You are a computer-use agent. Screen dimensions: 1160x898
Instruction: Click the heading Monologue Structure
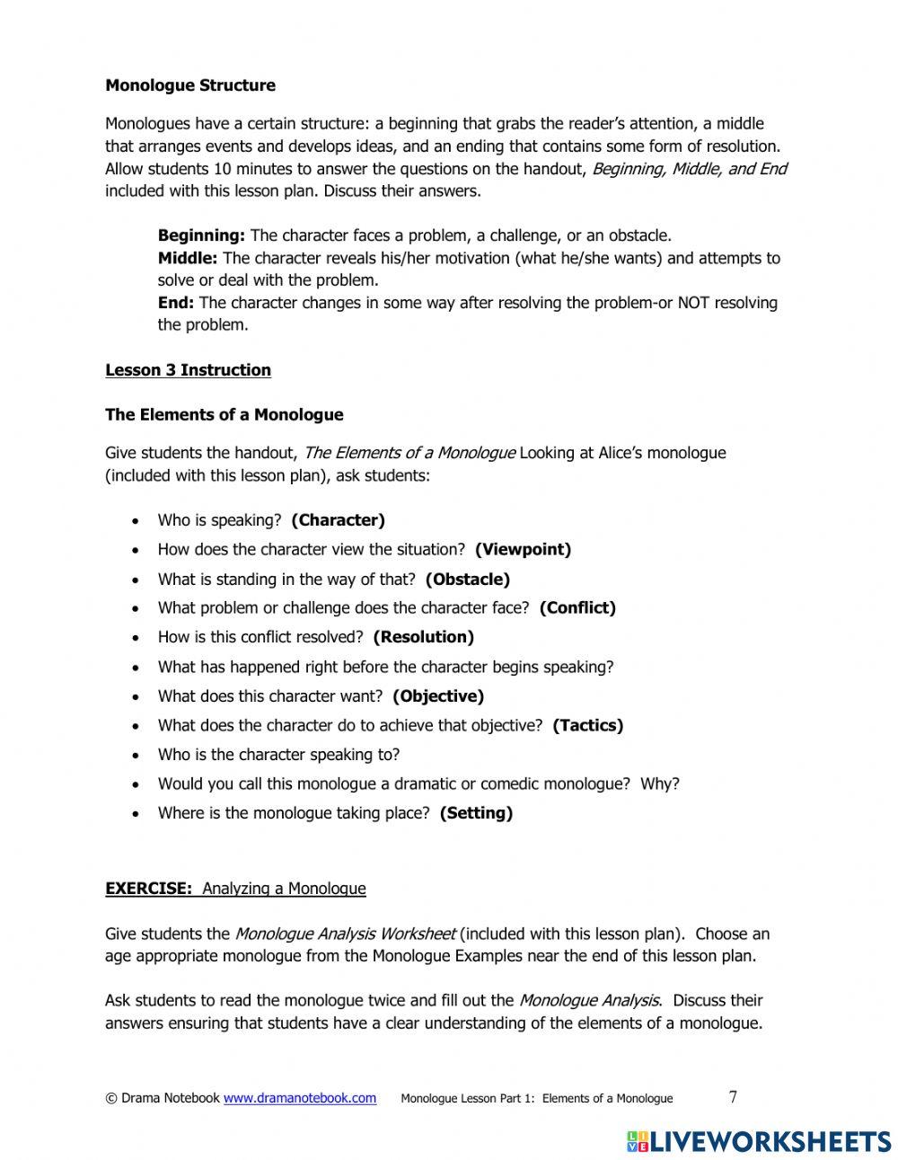coord(190,85)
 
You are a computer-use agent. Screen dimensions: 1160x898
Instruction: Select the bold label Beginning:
coord(201,235)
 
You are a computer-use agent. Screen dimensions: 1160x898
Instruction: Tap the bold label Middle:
coord(188,258)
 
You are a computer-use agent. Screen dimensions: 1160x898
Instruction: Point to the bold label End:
coord(176,303)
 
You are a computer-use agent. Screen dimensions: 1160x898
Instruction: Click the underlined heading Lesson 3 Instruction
coord(188,370)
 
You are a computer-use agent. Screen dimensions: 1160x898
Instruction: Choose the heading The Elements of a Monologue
coord(224,415)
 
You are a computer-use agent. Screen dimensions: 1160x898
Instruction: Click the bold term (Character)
coord(338,520)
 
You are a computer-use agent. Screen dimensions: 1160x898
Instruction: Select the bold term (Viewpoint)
coord(523,549)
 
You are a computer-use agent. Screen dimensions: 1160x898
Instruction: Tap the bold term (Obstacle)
coord(467,580)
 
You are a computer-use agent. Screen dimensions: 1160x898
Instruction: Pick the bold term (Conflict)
coord(577,608)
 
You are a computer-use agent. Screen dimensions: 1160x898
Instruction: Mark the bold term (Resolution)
coord(423,637)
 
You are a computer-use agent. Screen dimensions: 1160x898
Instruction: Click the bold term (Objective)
coord(437,696)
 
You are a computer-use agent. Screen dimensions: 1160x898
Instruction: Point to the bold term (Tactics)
coord(587,725)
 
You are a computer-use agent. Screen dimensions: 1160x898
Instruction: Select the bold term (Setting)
coord(476,813)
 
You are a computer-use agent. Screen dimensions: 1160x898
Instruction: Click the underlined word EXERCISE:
coord(149,889)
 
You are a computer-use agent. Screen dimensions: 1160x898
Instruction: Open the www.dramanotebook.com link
coord(299,1098)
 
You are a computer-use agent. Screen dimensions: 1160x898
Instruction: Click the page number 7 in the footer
coord(733,1096)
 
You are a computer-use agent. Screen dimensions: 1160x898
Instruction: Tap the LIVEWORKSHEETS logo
coord(758,1141)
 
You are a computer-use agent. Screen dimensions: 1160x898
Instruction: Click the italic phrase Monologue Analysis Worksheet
coord(345,934)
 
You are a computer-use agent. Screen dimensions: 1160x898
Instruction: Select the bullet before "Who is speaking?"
coord(135,521)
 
